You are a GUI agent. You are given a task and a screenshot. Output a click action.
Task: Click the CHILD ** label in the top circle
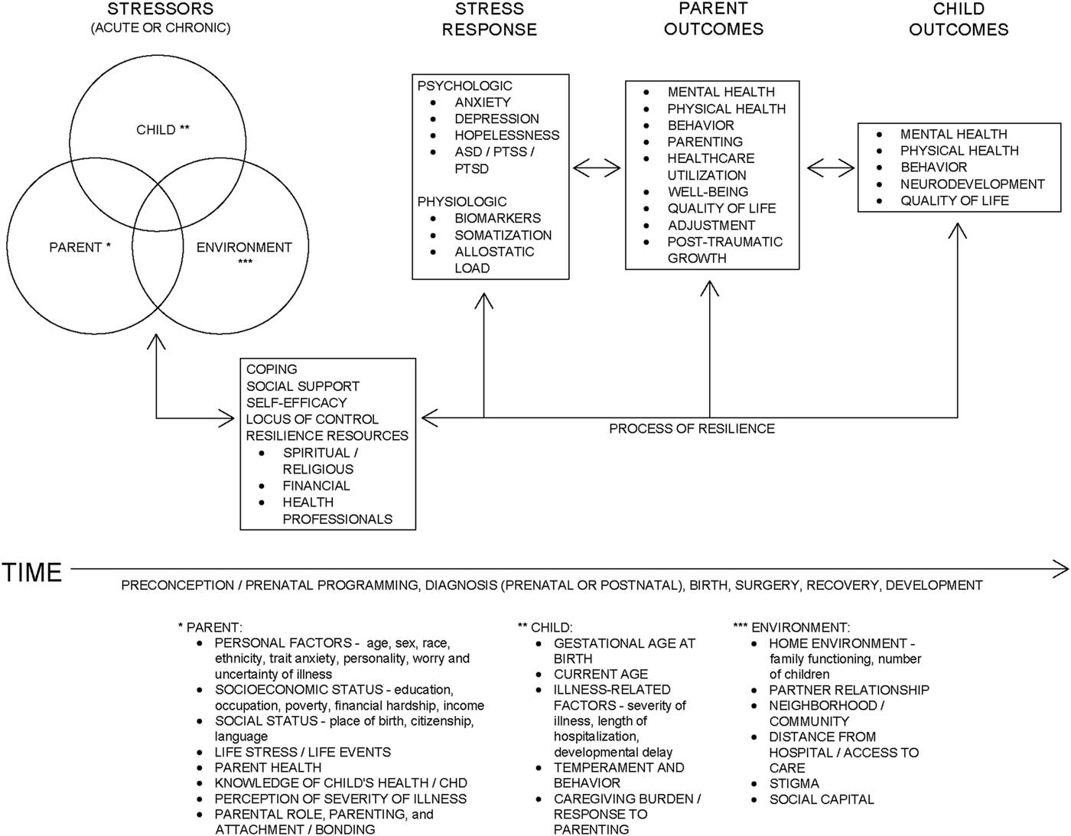click(x=163, y=129)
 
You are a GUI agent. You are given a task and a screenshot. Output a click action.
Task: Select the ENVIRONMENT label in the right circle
click(x=244, y=248)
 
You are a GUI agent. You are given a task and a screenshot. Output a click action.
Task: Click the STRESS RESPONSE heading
click(x=490, y=20)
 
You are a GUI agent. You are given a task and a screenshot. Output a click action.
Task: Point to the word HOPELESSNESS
click(x=506, y=135)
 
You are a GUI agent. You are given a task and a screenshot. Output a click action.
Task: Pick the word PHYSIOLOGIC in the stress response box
click(x=461, y=201)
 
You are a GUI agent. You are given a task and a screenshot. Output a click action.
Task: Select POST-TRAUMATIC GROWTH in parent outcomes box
click(x=724, y=250)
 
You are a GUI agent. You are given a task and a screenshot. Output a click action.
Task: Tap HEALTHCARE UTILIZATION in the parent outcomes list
click(x=710, y=167)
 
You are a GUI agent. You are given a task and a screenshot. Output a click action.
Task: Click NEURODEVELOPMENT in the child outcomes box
click(x=972, y=184)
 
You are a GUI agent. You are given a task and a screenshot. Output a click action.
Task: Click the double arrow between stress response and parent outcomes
click(x=597, y=167)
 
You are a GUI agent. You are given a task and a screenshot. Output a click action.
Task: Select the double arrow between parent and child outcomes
click(x=831, y=167)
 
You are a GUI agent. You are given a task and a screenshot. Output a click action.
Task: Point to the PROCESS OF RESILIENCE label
click(x=692, y=429)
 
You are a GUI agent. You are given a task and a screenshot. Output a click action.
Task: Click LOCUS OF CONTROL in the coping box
click(x=312, y=419)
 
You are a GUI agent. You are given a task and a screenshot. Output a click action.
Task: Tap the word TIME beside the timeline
click(x=32, y=572)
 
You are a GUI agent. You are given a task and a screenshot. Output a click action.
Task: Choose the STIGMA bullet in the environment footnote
click(x=794, y=783)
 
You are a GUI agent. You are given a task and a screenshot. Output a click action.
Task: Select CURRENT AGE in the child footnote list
click(x=601, y=674)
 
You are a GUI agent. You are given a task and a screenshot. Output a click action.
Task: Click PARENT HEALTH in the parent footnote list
click(x=268, y=767)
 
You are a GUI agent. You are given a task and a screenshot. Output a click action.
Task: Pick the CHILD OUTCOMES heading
click(x=959, y=20)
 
